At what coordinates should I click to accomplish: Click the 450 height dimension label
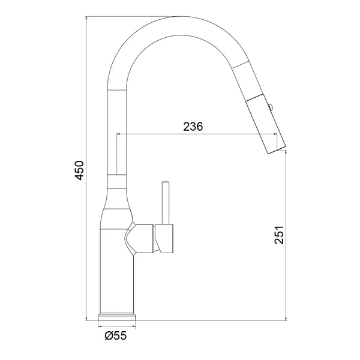(80, 170)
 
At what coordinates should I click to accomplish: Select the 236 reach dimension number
(193, 126)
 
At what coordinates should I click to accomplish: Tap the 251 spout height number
(279, 235)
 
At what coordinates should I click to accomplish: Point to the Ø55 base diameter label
(116, 336)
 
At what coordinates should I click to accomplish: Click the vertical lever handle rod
(166, 203)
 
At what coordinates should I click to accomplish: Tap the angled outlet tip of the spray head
(277, 149)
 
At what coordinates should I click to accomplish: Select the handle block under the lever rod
(164, 239)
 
